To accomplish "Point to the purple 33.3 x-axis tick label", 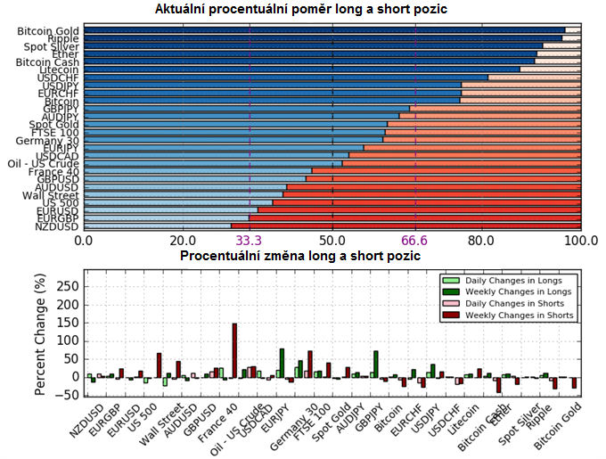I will pos(250,241).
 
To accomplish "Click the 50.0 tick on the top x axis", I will pos(332,241).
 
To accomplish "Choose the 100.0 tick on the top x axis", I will pos(581,241).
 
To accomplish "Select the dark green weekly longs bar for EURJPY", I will pos(281,363).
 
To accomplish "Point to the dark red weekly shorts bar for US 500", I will pos(159,365).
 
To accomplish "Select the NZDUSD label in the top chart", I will pos(57,226).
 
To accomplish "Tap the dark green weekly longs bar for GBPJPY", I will pos(376,363).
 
